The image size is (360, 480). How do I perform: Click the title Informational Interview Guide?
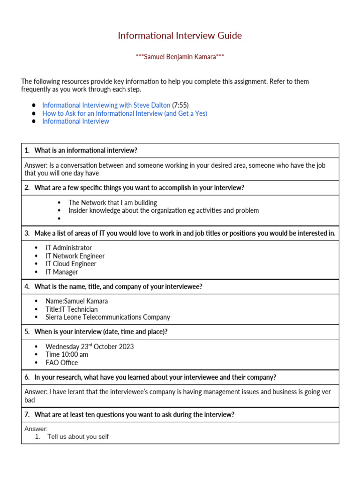(x=180, y=36)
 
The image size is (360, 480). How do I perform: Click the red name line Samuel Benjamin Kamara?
(x=180, y=57)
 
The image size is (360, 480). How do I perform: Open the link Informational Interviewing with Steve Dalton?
(x=106, y=105)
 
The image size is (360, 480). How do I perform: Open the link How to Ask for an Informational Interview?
(x=124, y=113)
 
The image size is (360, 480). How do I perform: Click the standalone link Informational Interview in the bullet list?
(x=75, y=121)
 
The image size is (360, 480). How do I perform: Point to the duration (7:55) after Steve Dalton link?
(x=180, y=105)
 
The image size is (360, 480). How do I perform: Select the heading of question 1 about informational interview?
(x=85, y=150)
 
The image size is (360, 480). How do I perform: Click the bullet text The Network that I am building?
(x=112, y=203)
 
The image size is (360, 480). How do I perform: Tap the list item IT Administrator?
(x=68, y=248)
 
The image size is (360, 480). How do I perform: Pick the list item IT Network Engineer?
(x=75, y=256)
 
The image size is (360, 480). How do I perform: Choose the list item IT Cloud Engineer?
(x=71, y=264)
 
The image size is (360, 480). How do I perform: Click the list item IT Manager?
(x=62, y=272)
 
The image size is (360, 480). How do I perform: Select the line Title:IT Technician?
(x=72, y=309)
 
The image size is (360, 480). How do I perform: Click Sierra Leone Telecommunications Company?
(x=108, y=317)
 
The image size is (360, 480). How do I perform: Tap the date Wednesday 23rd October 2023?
(x=90, y=347)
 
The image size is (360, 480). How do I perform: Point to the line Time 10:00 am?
(x=67, y=355)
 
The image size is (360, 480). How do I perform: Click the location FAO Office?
(x=62, y=363)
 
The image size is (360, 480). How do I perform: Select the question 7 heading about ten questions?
(x=134, y=415)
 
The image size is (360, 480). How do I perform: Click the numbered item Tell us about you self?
(x=78, y=437)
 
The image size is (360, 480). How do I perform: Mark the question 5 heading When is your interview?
(x=101, y=332)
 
